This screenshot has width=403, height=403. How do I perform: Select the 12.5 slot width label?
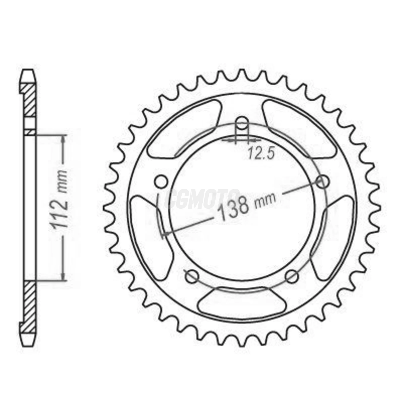(261, 155)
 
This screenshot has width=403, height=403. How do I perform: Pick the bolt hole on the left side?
(161, 182)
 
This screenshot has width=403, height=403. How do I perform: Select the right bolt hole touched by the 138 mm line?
(322, 182)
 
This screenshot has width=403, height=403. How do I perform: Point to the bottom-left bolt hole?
(191, 277)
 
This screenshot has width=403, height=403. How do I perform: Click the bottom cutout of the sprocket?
(242, 302)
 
